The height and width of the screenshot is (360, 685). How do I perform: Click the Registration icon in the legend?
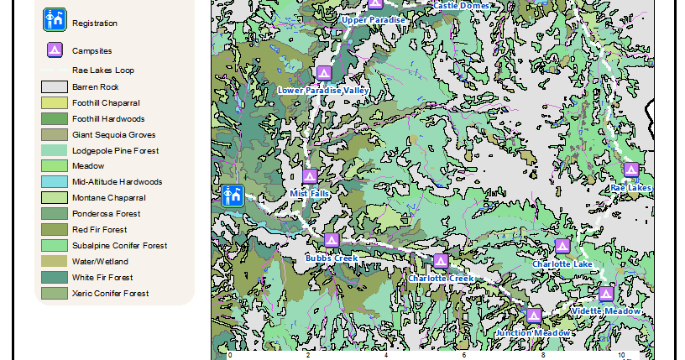point(55,20)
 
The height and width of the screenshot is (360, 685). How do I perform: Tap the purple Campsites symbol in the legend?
point(55,50)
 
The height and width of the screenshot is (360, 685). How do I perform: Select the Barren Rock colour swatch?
point(55,86)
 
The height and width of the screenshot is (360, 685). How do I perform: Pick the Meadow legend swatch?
point(55,166)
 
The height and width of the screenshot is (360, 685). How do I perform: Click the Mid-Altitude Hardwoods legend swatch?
point(55,182)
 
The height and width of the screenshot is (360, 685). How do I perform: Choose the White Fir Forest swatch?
point(55,278)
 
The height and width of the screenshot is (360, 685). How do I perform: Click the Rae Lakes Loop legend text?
point(102,70)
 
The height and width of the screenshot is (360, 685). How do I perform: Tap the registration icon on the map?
point(233,196)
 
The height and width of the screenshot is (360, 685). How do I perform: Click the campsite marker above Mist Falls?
point(310,177)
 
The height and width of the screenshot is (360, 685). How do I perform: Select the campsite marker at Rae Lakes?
point(631,170)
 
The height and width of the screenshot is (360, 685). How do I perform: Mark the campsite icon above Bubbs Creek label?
point(332,241)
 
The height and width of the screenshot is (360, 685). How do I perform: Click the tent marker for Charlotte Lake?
point(562,247)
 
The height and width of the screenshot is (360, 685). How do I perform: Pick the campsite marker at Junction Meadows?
point(534,315)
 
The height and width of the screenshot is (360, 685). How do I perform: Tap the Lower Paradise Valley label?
point(324,90)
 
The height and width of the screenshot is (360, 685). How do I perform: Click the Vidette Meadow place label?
point(605,310)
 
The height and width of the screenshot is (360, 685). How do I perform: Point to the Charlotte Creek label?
point(441,278)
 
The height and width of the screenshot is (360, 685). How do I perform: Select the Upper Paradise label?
point(374,19)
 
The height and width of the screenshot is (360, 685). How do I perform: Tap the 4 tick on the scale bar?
point(385,355)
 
